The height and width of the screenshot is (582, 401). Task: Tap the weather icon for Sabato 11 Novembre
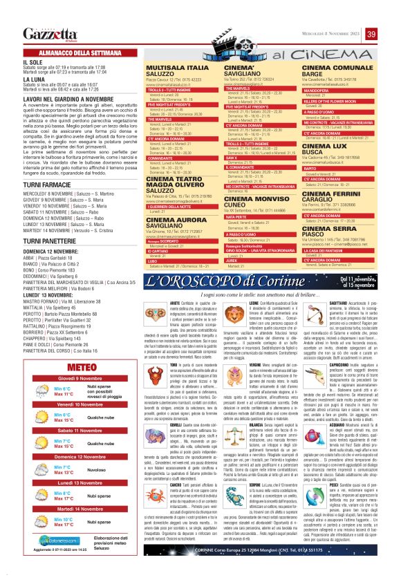tap(36, 442)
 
